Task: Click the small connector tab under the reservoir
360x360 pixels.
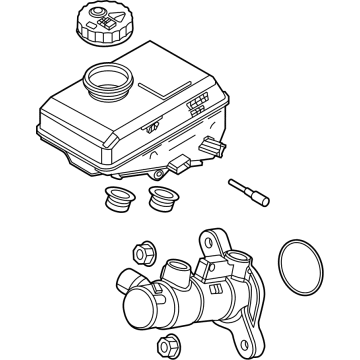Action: (x=179, y=163)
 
